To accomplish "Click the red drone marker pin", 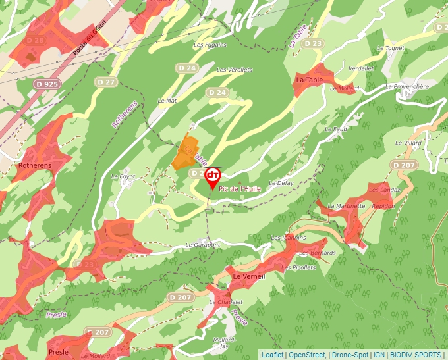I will pos(212,176).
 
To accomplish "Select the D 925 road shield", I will pos(47,84).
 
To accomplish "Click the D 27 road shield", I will pos(105,82).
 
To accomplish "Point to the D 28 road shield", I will pos(35,40).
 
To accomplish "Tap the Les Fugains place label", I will pos(210,45).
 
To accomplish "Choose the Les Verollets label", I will pos(235,70).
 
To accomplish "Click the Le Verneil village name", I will pos(249,277).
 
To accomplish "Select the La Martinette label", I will pos(347,206).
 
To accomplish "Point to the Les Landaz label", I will pos(385,190).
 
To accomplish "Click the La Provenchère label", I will pos(407,86).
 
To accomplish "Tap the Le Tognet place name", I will pos(390,48).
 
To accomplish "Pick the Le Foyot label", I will pos(123,176).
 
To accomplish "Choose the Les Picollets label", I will pos(298,267).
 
